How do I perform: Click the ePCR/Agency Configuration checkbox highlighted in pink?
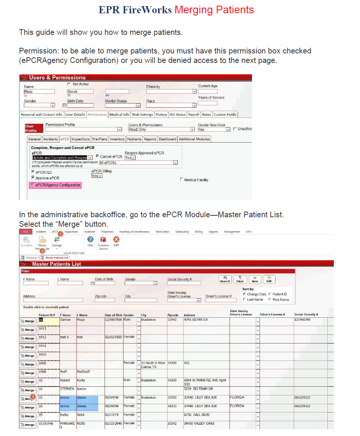pyautogui.click(x=33, y=185)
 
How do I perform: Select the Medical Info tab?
pyautogui.click(x=119, y=114)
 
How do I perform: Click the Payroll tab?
pyautogui.click(x=194, y=114)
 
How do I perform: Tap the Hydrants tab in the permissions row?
pyautogui.click(x=134, y=139)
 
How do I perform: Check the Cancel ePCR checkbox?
pyautogui.click(x=97, y=156)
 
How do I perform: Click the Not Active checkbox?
pyautogui.click(x=69, y=84)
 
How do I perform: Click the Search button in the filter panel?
pyautogui.click(x=225, y=279)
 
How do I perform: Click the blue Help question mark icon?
pyautogui.click(x=90, y=240)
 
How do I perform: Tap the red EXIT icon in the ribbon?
pyautogui.click(x=116, y=240)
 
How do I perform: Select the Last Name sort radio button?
pyautogui.click(x=244, y=300)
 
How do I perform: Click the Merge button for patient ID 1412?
pyautogui.click(x=28, y=339)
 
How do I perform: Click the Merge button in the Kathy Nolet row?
pyautogui.click(x=28, y=416)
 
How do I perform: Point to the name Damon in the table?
pyautogui.click(x=66, y=320)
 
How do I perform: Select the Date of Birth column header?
pyautogui.click(x=113, y=315)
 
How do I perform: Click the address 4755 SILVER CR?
pyautogui.click(x=196, y=320)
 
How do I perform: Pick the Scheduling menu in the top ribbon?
pyautogui.click(x=182, y=232)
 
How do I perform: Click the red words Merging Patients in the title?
pyautogui.click(x=214, y=10)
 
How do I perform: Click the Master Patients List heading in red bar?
pyautogui.click(x=56, y=264)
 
